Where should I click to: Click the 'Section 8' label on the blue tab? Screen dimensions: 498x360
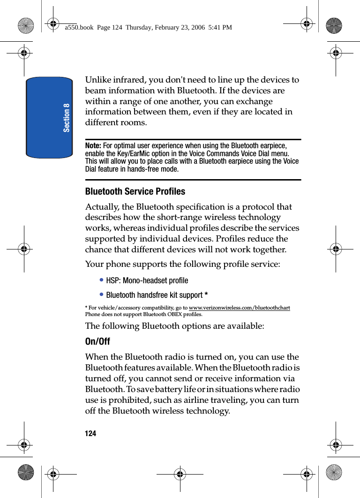pyautogui.click(x=67, y=118)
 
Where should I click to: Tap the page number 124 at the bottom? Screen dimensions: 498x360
pyautogui.click(x=90, y=434)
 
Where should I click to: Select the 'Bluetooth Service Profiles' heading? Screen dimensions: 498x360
pyautogui.click(x=135, y=191)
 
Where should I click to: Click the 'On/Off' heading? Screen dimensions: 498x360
pyautogui.click(x=97, y=341)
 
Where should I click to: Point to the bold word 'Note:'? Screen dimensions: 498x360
pyautogui.click(x=93, y=146)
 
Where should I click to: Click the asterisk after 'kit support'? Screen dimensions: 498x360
pyautogui.click(x=206, y=295)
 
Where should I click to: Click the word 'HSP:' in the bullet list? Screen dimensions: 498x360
pyautogui.click(x=113, y=280)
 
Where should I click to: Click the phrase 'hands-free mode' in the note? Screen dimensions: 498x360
pyautogui.click(x=153, y=169)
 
